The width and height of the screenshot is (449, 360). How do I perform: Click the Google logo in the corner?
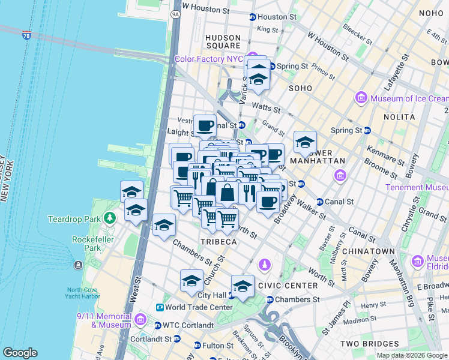20,353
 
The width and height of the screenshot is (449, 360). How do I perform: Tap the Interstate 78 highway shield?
26,36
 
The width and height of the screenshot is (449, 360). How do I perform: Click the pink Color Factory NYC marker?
254,59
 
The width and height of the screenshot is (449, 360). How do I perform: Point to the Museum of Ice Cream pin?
361,98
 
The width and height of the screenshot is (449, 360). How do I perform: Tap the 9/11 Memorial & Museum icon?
140,319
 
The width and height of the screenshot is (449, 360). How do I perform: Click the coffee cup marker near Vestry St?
205,126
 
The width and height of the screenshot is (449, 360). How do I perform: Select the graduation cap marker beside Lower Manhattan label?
305,143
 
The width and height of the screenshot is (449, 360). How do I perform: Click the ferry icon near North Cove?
77,265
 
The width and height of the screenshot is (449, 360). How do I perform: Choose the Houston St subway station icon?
253,17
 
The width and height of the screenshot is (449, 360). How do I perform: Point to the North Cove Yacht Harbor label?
82,291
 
